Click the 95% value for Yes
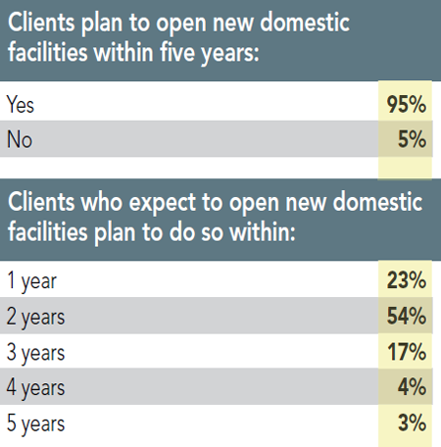pos(406,102)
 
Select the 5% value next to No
pos(412,139)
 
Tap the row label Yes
pos(22,102)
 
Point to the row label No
pos(20,139)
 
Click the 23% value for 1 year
pos(406,281)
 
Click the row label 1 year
pos(31,282)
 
